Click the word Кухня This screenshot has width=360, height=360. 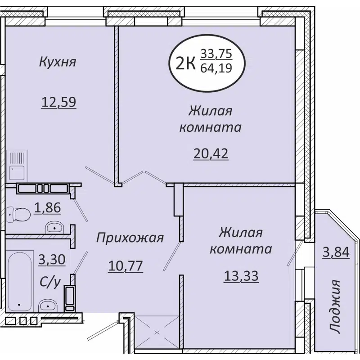57,61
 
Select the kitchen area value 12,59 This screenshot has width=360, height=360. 58,102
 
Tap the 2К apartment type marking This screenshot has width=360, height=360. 185,63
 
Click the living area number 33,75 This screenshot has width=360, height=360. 216,54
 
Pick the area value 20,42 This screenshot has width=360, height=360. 210,153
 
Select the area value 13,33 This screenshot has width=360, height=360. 241,275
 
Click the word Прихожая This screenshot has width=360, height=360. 130,238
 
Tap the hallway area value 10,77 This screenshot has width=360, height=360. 125,266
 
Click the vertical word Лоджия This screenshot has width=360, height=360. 334,306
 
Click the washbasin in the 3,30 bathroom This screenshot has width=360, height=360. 47,306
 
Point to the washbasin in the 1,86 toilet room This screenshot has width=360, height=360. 55,227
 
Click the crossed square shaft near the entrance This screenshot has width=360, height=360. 157,333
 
